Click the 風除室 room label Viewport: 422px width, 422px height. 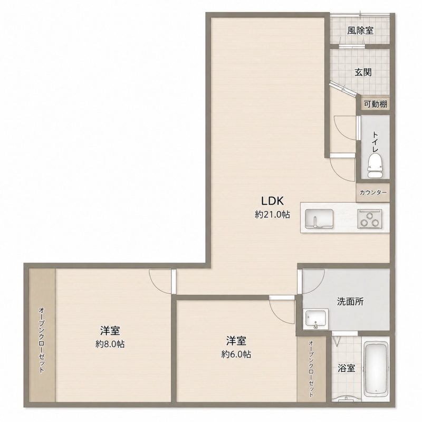pos(360,31)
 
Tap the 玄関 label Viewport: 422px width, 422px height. pos(363,72)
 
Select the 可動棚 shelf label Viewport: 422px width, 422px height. pos(376,104)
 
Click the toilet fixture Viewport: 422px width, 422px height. pos(375,166)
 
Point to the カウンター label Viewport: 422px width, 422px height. pos(373,193)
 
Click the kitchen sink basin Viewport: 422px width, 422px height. pos(319,218)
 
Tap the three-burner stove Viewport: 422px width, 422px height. pos(370,219)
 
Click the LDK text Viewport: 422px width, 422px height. pos(272,201)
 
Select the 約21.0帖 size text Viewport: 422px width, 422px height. pos(272,215)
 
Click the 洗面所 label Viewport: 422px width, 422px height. pos(350,302)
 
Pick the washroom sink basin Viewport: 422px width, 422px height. pos(315,319)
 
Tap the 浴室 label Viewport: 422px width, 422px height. pos(347,368)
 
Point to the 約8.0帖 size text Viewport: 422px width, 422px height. pos(110,344)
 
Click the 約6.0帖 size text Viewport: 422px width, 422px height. pos(236,354)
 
